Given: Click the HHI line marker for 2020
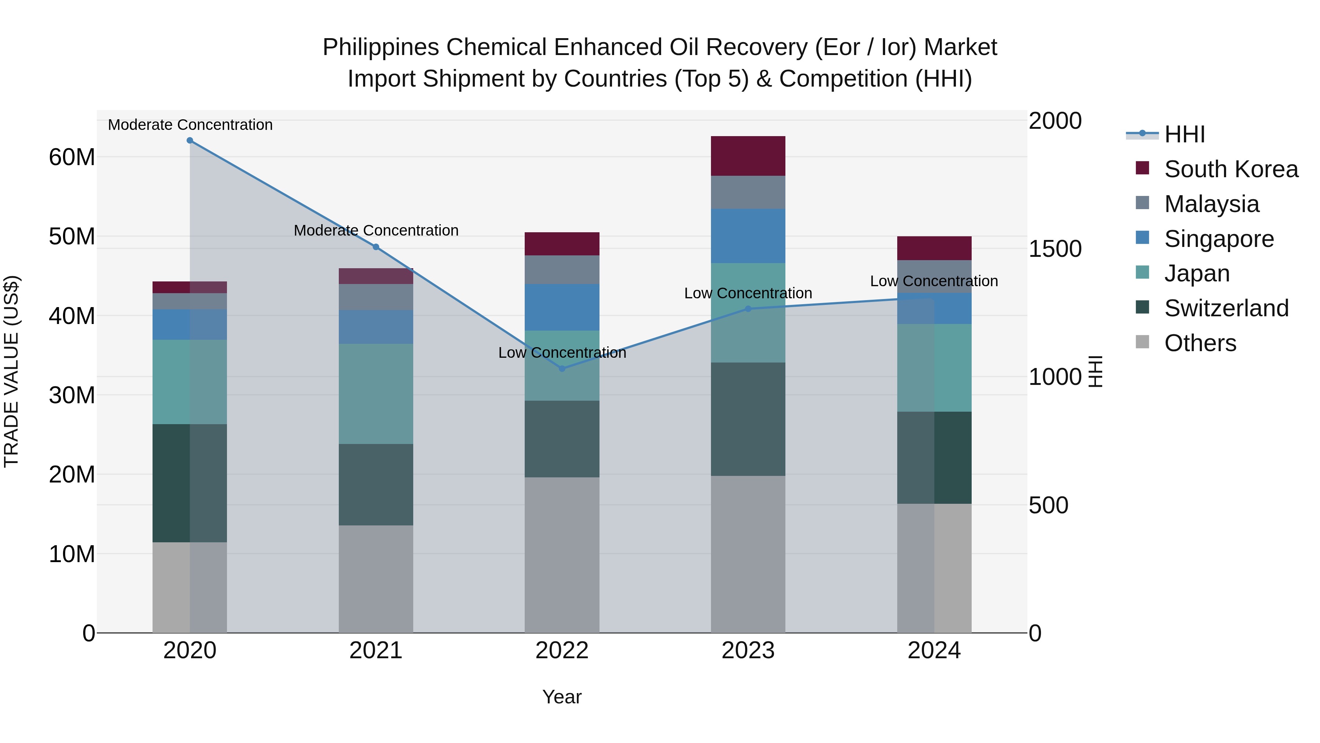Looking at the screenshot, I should click(x=190, y=141).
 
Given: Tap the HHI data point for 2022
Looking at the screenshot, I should click(x=562, y=369).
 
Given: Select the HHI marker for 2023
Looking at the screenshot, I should click(x=748, y=309).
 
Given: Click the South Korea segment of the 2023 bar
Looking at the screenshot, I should click(x=748, y=156).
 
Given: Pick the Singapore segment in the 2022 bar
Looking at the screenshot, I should click(x=562, y=307).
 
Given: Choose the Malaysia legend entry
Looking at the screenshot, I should click(x=1211, y=204).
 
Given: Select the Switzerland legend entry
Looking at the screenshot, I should click(x=1226, y=308).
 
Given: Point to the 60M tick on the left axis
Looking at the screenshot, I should click(x=72, y=157).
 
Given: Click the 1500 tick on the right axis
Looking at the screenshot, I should click(x=1055, y=249).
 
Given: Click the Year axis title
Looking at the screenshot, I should click(x=562, y=697).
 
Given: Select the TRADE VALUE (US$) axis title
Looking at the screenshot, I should click(x=11, y=371).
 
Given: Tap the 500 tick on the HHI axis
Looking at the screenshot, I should click(x=1048, y=505).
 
